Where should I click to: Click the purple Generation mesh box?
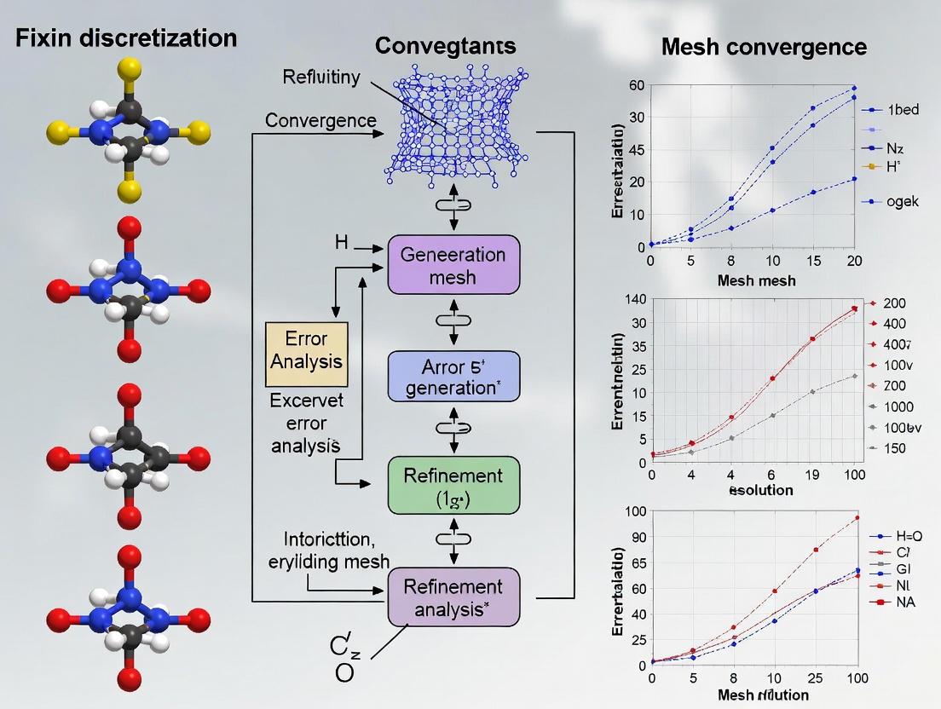coord(453,265)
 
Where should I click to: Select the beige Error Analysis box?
coord(306,349)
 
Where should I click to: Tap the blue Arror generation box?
coord(453,376)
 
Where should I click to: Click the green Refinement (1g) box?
coord(453,486)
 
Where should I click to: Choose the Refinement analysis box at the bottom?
coord(453,597)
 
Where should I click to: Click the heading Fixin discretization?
coord(125,38)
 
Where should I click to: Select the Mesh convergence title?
coord(764,47)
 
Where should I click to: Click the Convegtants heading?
coord(445,45)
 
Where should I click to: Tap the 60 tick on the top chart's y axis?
coord(636,84)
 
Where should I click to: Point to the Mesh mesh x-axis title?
coord(756,280)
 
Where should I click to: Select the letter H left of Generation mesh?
coord(341,244)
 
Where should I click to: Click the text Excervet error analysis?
coord(304,422)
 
